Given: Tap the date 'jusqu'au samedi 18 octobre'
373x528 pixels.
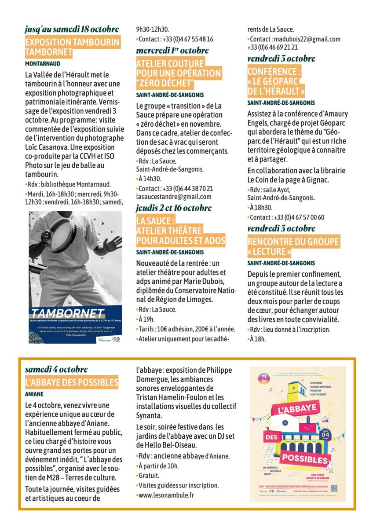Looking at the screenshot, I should point(72,29).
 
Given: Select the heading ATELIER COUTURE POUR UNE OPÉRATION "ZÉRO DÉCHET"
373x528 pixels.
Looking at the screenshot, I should point(179,73).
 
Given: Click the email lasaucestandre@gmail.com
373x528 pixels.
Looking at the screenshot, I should point(174,197).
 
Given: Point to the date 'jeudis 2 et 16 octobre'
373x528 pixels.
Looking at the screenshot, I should point(174,208).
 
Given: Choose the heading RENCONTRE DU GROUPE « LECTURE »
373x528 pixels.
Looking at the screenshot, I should point(293,246).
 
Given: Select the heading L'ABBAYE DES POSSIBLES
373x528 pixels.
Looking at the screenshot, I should point(72,382).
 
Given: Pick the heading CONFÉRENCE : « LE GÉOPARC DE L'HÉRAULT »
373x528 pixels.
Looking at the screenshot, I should point(276,81).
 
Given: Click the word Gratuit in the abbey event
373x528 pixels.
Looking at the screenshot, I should point(149,476).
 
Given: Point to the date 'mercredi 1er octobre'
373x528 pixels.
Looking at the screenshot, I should point(172,50).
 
